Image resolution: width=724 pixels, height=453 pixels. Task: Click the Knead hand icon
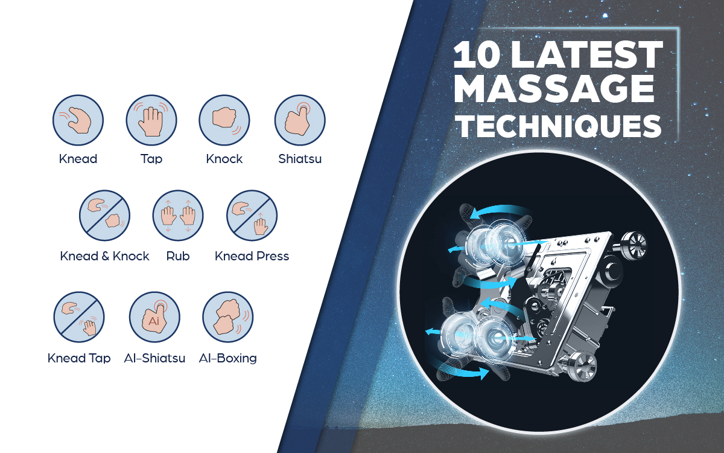[78, 120]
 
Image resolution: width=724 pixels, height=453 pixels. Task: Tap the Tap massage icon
[151, 120]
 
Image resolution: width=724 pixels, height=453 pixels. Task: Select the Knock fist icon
[224, 120]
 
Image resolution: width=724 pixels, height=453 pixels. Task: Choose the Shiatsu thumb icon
[300, 120]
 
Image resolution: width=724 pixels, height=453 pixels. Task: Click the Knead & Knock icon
[105, 216]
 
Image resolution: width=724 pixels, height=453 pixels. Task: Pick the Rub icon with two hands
[178, 216]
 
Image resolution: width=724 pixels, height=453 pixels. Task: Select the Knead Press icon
[252, 216]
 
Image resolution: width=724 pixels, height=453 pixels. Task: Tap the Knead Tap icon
[79, 317]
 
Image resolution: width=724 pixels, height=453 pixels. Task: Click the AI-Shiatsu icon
[154, 317]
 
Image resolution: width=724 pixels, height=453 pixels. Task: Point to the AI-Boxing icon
[228, 317]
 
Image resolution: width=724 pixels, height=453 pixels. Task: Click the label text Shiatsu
[300, 159]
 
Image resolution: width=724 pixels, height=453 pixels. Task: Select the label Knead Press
[252, 256]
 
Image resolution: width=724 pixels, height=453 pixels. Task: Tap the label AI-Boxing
[228, 358]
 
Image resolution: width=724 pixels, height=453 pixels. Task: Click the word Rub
[178, 256]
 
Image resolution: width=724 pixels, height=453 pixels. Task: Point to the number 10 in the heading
[476, 54]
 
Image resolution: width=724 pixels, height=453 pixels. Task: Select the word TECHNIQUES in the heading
[560, 126]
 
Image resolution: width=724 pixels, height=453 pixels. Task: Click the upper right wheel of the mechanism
[634, 245]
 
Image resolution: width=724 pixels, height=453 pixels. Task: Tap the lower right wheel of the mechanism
[582, 367]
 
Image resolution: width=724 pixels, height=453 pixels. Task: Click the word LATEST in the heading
[587, 54]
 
